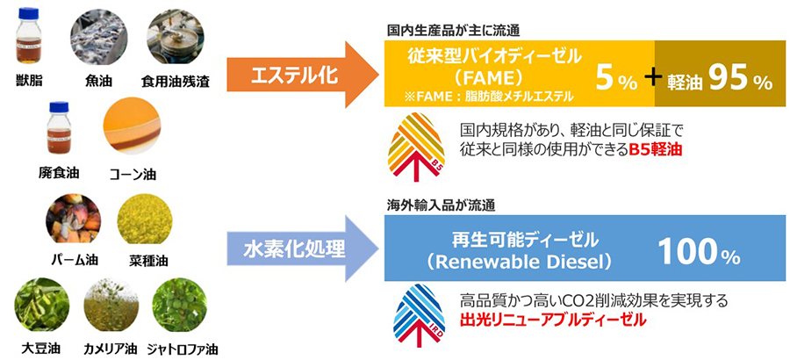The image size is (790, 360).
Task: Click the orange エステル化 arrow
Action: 290,76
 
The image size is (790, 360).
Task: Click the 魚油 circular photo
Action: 97,39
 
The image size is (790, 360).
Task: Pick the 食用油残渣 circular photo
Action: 176,39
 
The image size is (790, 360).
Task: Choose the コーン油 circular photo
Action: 133,128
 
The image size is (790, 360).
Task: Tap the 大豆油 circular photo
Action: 42,304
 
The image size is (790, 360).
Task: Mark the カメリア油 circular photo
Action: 111,304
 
